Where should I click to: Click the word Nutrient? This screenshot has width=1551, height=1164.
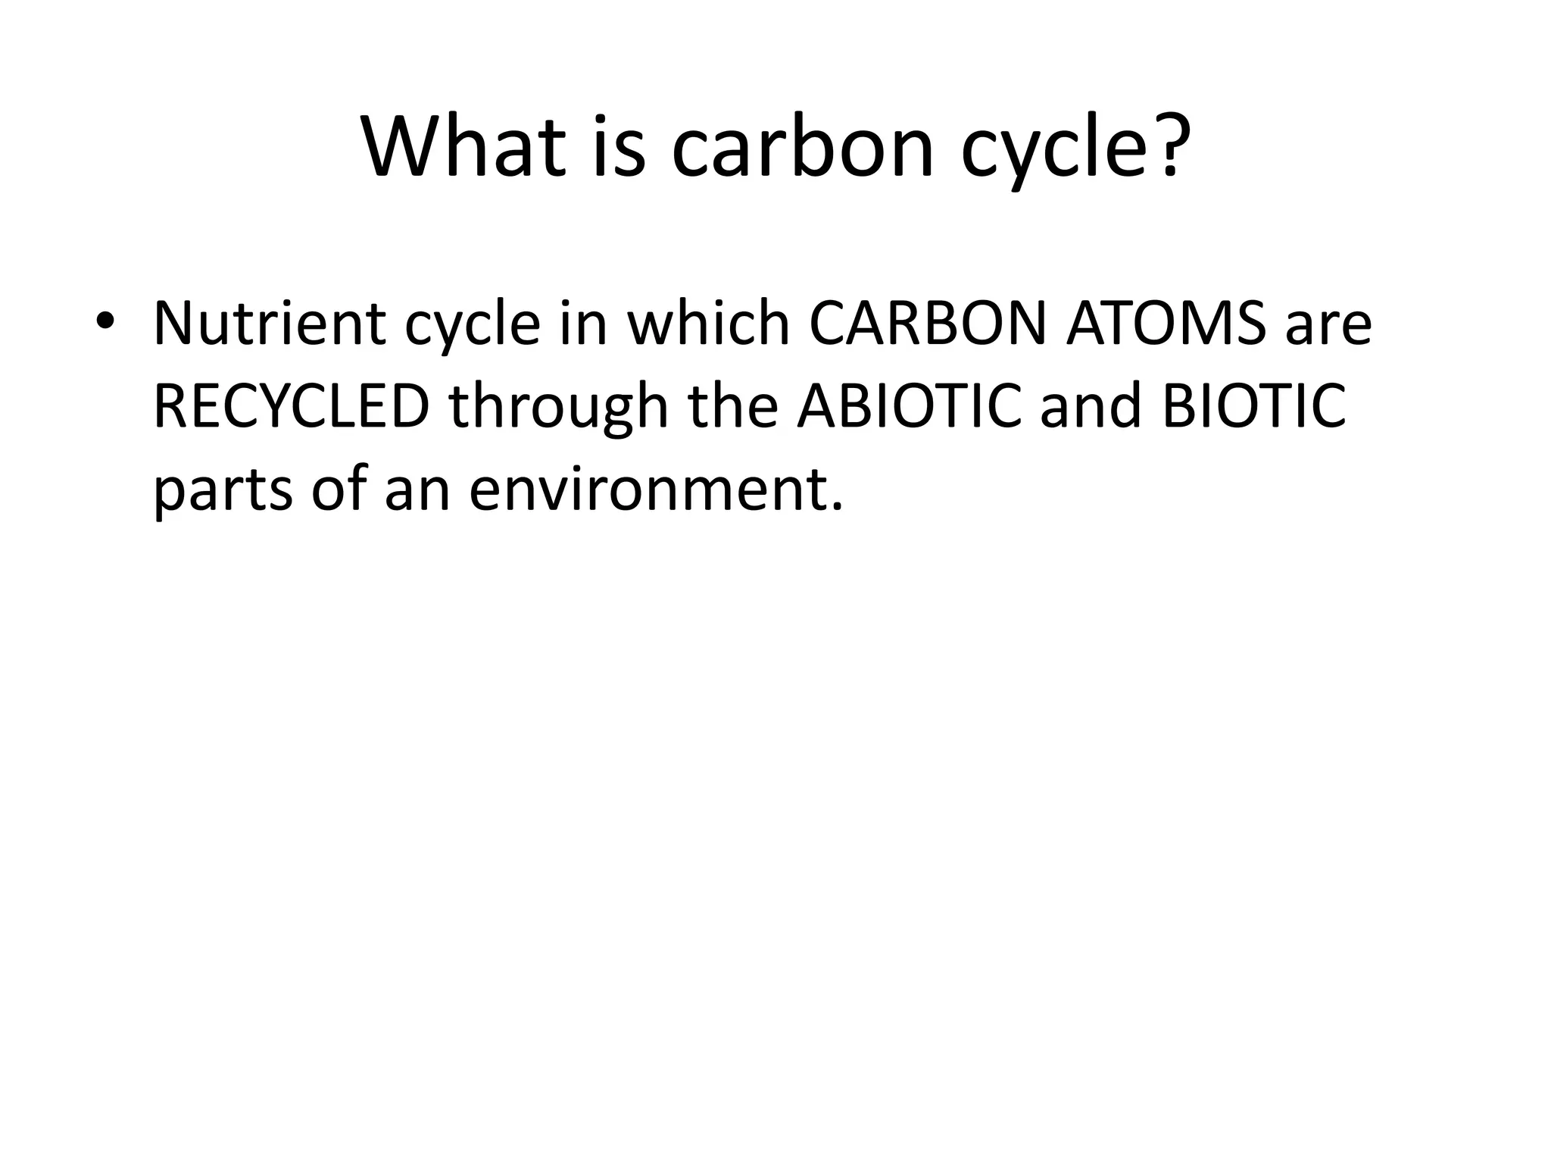coord(270,324)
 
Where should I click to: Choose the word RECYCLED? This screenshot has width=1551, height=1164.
coord(292,406)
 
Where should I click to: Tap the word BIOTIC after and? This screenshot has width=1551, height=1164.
coord(1254,406)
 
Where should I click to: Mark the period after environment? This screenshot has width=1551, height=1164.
coord(837,506)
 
